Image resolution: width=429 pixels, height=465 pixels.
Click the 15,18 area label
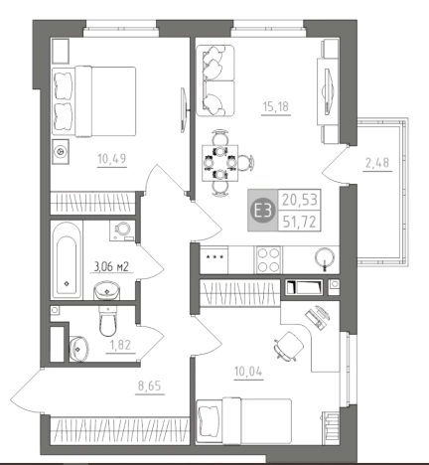tap(276, 107)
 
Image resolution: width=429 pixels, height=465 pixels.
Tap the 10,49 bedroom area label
tap(112, 159)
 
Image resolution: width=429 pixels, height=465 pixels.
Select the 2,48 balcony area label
tap(377, 163)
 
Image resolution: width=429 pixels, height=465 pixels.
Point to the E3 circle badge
tap(263, 211)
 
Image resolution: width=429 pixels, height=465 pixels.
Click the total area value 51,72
tap(300, 222)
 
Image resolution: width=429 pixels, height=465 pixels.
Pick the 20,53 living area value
tap(300, 200)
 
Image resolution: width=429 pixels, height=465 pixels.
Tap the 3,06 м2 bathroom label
tap(111, 266)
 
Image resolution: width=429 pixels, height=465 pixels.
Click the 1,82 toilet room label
tap(120, 345)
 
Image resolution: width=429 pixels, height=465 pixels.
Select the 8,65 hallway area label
tap(149, 387)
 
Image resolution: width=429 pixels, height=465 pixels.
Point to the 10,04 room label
tap(248, 372)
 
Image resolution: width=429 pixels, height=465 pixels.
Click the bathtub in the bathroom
tap(67, 260)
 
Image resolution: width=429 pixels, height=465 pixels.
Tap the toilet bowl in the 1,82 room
tap(107, 321)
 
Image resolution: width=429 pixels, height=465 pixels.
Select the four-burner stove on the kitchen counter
tap(268, 260)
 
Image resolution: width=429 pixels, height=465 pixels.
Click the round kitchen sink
tap(325, 257)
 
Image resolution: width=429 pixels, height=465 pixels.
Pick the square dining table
tap(220, 163)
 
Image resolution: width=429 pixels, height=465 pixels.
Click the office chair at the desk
tap(288, 346)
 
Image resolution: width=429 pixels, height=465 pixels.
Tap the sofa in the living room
tap(215, 80)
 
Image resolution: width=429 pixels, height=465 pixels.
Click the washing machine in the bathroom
tap(122, 231)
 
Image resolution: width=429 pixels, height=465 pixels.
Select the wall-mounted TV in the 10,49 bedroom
tap(184, 110)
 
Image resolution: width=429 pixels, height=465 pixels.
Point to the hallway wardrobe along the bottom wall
tap(119, 431)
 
